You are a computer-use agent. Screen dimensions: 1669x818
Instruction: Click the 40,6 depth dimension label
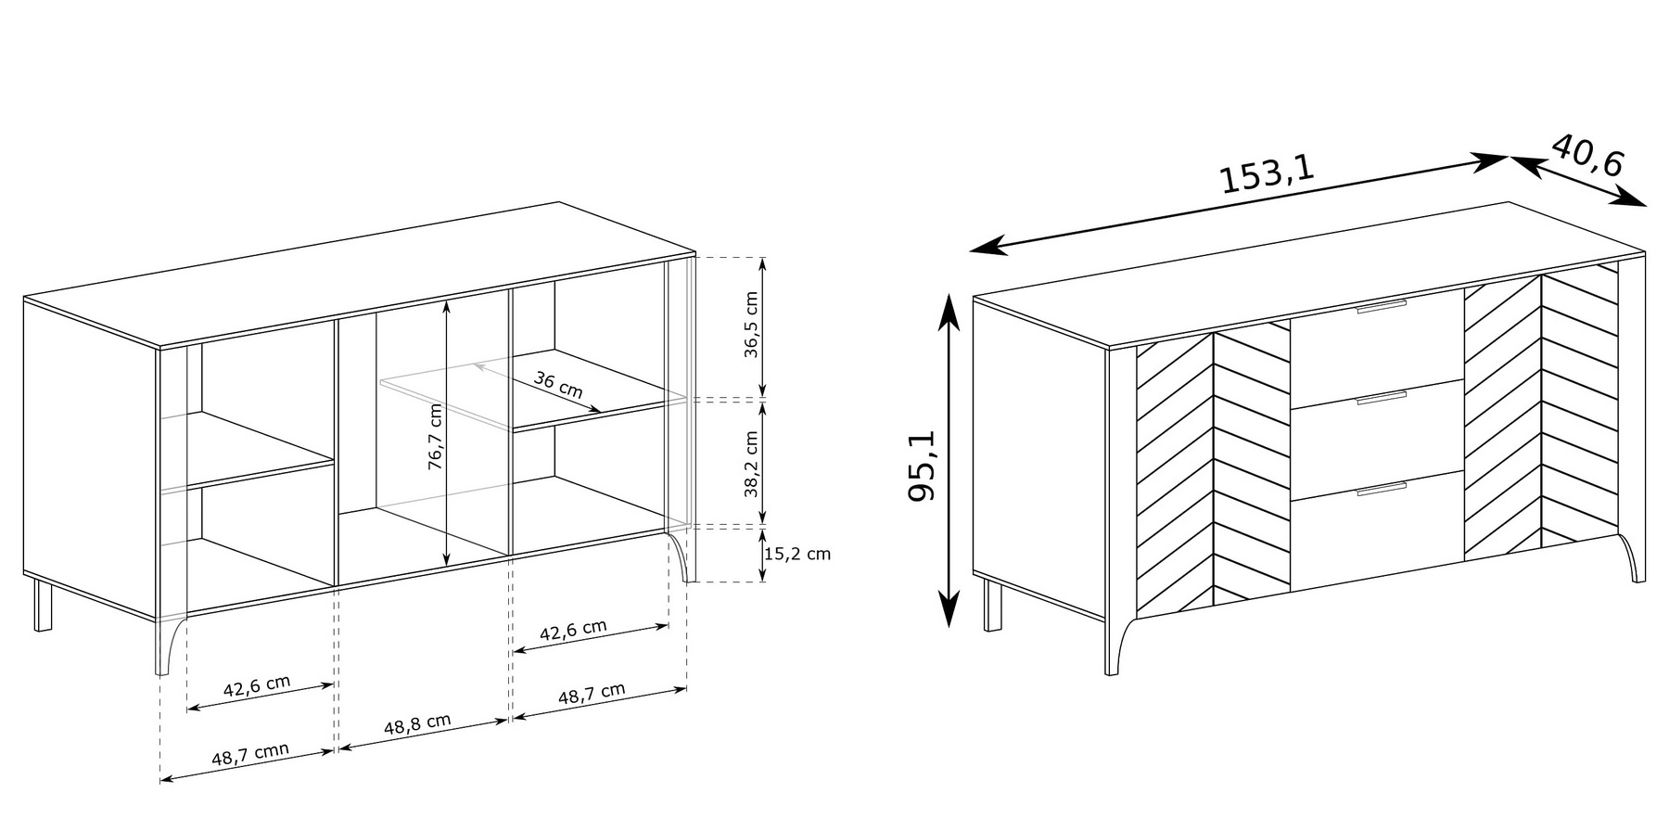(x=1586, y=155)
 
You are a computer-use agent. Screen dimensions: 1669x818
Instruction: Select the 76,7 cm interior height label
(x=435, y=438)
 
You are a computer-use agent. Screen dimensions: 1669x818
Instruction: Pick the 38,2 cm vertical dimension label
(x=751, y=464)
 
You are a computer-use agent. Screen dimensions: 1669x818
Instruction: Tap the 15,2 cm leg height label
(x=797, y=555)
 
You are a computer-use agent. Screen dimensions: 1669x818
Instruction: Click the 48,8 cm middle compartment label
(x=418, y=724)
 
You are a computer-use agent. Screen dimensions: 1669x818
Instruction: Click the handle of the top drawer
(x=1381, y=307)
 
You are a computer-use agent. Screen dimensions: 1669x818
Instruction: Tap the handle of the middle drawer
(x=1381, y=398)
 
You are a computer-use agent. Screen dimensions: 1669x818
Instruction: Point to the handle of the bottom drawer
(x=1381, y=489)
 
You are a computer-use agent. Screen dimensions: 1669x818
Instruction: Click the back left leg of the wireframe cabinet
(x=43, y=605)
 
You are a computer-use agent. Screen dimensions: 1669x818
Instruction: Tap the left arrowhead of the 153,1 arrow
(x=987, y=246)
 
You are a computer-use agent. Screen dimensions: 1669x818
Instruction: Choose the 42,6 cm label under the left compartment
(x=257, y=686)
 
